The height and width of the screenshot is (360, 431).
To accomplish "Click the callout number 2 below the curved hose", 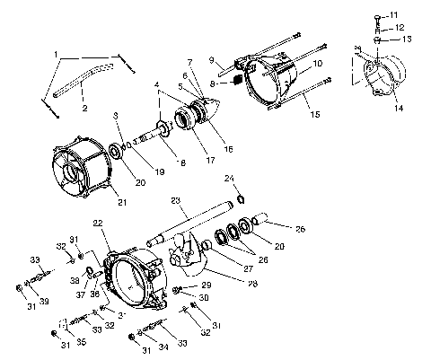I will [84, 109].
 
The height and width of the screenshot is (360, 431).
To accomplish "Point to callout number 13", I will [407, 40].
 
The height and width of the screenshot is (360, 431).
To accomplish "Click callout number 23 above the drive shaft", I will [175, 201].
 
